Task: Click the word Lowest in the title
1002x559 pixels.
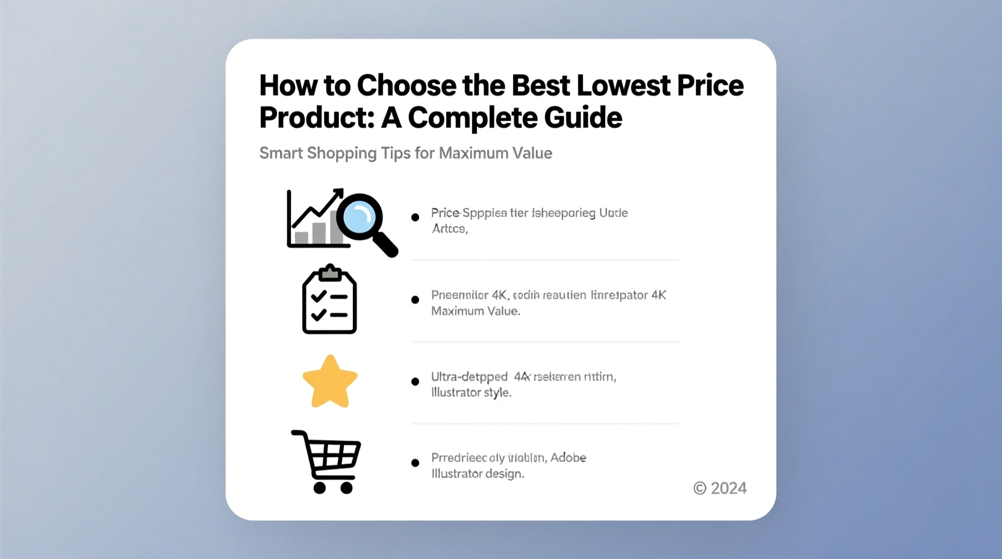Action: click(623, 86)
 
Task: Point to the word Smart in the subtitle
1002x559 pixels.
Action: click(281, 153)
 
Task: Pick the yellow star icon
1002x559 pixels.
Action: click(330, 382)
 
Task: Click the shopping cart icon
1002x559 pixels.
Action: click(327, 461)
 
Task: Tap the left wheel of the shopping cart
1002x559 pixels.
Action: click(320, 487)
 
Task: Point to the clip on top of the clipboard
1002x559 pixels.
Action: click(329, 273)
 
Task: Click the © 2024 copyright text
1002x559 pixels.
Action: click(720, 488)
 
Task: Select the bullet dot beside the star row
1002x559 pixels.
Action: click(415, 381)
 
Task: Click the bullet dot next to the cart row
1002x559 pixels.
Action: click(415, 463)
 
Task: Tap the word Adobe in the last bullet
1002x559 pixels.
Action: click(568, 458)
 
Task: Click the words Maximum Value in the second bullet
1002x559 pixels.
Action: click(475, 311)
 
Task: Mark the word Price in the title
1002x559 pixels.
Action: click(710, 86)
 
